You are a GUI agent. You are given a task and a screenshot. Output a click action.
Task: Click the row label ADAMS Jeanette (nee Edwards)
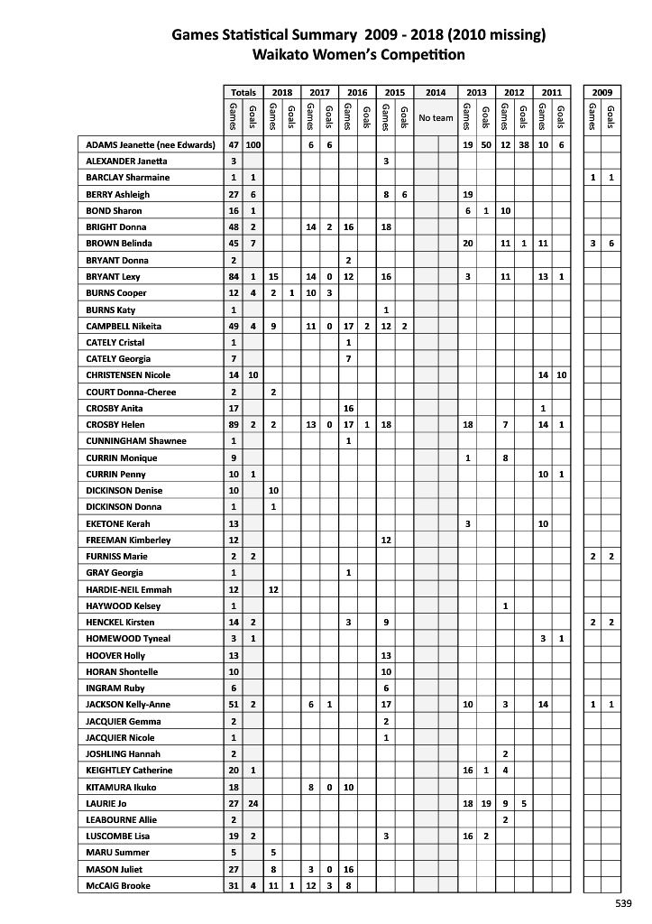[150, 145]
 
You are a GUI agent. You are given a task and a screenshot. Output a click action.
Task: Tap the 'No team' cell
[436, 118]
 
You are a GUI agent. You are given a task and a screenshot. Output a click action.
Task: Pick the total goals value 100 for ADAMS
[253, 145]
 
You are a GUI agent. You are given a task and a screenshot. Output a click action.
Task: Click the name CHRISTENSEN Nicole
[128, 375]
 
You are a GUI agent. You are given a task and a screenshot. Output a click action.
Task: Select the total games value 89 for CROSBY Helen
[234, 425]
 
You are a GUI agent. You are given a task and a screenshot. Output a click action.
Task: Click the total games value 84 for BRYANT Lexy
[234, 277]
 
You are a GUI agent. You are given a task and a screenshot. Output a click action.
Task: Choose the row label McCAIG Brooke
[118, 886]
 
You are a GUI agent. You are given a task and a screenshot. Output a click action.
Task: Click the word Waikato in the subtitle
[285, 54]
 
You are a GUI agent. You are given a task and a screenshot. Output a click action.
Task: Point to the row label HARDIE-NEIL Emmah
[129, 589]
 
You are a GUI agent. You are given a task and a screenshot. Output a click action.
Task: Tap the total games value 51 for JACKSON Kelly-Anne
[234, 705]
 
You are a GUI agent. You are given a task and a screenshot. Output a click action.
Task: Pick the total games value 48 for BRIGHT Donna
[234, 227]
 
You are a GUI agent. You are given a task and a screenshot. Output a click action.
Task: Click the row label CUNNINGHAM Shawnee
[136, 441]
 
